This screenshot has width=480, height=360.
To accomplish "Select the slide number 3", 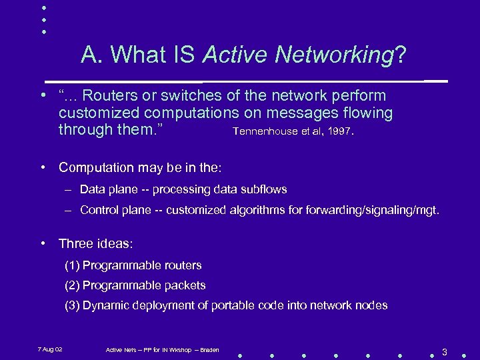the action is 444,351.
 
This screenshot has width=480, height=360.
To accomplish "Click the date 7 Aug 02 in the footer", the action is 50,349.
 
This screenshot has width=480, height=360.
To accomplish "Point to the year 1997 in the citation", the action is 340,131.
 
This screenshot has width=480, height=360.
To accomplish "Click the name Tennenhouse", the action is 262,131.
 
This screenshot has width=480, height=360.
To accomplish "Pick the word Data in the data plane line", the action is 92,189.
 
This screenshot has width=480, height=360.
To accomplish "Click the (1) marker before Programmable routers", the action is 72,265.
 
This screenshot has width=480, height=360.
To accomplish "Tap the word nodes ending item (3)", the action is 371,305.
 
